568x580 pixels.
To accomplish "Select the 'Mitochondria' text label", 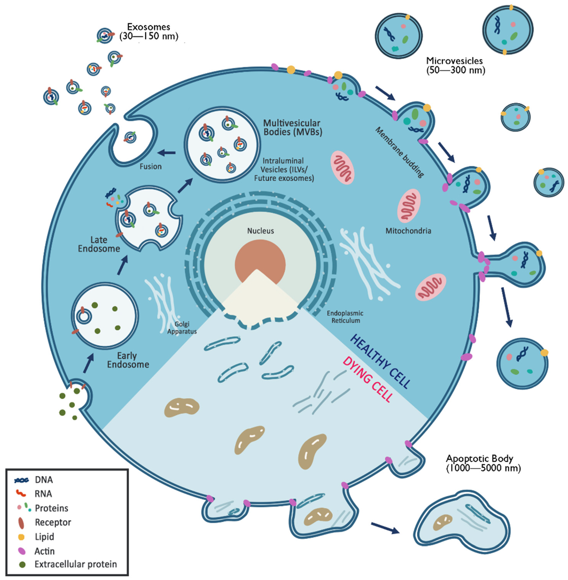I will coord(408,231).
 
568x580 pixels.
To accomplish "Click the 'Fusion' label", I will coord(151,166).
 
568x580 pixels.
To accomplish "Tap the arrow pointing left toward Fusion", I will coord(166,153).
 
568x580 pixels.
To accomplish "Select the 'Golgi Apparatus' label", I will coord(182,328).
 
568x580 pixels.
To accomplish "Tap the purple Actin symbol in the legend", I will coord(22,551).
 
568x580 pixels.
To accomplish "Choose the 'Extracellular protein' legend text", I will coord(76,564).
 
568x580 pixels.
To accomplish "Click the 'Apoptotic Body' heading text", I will coord(479,459).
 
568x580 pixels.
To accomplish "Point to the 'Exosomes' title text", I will coord(149,27).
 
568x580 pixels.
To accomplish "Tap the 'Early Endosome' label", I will coord(128,360).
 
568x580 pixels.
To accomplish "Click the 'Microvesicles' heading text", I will coord(454,61).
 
